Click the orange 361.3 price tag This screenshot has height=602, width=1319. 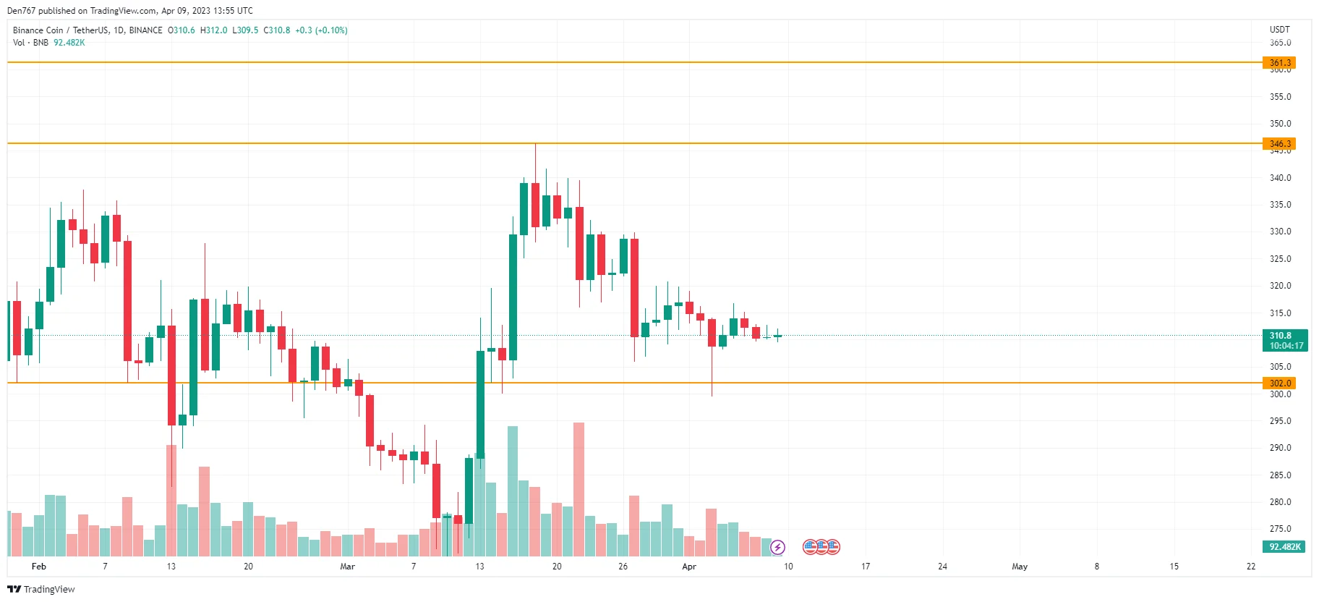point(1279,63)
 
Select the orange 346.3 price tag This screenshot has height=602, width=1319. point(1279,144)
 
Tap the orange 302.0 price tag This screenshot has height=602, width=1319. point(1279,383)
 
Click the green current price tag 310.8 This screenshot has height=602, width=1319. point(1285,340)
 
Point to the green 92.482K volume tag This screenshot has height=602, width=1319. point(1284,547)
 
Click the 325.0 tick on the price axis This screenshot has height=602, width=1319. point(1280,259)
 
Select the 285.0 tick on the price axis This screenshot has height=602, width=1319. point(1280,475)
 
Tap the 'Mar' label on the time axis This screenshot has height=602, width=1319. point(347,567)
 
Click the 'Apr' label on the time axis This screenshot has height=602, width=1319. point(688,567)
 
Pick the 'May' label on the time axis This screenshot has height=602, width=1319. point(1020,567)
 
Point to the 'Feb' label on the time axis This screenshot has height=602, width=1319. point(39,567)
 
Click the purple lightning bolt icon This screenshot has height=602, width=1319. point(778,547)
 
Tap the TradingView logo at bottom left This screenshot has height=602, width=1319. point(41,589)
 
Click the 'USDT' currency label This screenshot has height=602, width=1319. point(1279,30)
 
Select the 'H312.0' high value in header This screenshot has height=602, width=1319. point(213,30)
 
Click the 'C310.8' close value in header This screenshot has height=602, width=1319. point(276,30)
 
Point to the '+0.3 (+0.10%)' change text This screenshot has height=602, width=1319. point(321,30)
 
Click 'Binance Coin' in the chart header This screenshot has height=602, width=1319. point(38,30)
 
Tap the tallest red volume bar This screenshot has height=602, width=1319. point(579,489)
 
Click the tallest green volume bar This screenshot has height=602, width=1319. point(513,491)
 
